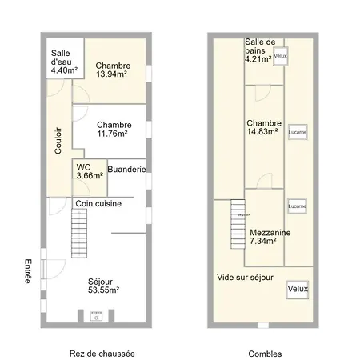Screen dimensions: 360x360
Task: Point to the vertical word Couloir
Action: (58, 141)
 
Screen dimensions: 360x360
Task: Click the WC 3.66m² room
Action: (89, 171)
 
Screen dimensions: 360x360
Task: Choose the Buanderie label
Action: (126, 170)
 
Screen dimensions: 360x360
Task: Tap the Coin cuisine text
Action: (98, 204)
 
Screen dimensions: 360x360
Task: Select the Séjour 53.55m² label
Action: (103, 286)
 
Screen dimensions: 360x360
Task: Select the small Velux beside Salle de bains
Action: (280, 57)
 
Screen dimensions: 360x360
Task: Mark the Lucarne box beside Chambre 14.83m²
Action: (298, 132)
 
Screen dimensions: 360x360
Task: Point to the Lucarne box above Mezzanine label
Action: (298, 206)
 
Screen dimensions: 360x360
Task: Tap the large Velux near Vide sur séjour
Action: (298, 288)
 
